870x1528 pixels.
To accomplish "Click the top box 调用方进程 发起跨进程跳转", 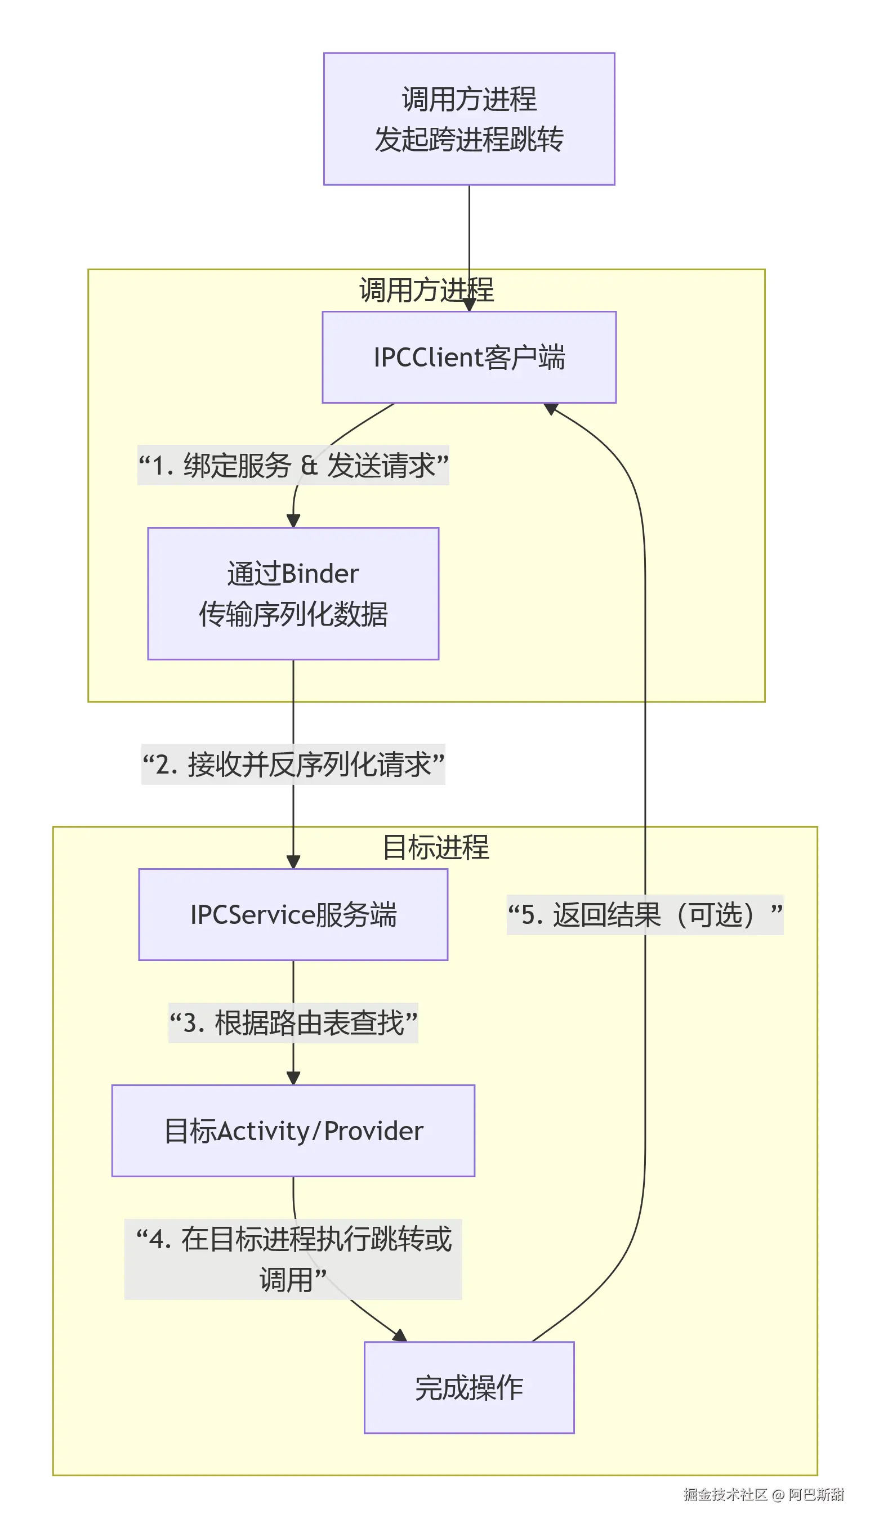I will pyautogui.click(x=469, y=119).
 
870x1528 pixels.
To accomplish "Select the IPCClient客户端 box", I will pyautogui.click(x=469, y=357).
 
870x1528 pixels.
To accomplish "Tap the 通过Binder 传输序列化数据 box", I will pyautogui.click(x=293, y=593).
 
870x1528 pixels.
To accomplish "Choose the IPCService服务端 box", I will pyautogui.click(x=293, y=914).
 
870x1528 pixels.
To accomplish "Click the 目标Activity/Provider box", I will pyautogui.click(x=293, y=1131).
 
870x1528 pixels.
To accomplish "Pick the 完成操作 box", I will pyautogui.click(x=469, y=1388).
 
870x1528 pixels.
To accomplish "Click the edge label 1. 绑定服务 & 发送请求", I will pyautogui.click(x=293, y=466).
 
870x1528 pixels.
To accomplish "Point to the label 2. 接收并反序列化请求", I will pyautogui.click(x=293, y=764).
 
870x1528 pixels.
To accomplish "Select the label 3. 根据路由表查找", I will pyautogui.click(x=293, y=1022).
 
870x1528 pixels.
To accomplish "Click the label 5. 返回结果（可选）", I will pyautogui.click(x=645, y=914).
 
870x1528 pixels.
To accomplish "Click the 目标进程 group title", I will pyautogui.click(x=436, y=847).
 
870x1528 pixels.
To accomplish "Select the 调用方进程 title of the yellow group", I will pyautogui.click(x=426, y=291).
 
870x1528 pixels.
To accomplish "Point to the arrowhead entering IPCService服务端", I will pyautogui.click(x=293, y=862).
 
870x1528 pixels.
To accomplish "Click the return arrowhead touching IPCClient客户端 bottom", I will pyautogui.click(x=550, y=409).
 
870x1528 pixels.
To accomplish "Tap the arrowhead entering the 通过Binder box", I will pyautogui.click(x=293, y=520).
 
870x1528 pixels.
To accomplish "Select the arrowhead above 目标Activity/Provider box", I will pyautogui.click(x=293, y=1078).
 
